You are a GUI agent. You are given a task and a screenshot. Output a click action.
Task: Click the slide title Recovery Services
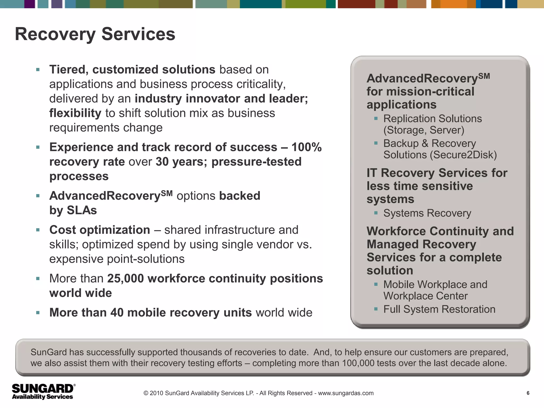coord(95,34)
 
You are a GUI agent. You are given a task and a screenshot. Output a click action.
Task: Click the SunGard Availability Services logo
coord(43,391)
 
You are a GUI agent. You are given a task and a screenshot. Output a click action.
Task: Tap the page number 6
coord(528,393)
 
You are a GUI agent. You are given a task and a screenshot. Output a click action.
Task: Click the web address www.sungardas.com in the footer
coord(346,393)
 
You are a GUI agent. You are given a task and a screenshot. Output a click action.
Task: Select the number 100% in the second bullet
coord(306,147)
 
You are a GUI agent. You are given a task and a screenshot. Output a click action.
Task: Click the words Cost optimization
coord(100,230)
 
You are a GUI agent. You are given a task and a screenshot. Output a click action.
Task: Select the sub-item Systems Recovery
coord(427,213)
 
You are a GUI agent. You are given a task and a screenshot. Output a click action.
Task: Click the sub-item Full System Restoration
coord(439,309)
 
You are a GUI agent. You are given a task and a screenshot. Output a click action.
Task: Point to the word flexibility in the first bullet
coord(75,113)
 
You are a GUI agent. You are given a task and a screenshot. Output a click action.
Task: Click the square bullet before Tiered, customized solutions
coord(38,70)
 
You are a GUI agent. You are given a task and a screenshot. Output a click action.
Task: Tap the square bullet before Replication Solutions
coord(376,118)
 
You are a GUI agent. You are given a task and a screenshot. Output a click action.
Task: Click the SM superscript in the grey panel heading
coord(484,76)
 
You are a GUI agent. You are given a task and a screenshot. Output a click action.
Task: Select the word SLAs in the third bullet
coord(82,210)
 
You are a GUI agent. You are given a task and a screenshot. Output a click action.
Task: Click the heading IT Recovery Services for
coord(437,173)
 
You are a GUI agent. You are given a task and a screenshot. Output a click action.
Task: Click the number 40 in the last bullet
coord(117,313)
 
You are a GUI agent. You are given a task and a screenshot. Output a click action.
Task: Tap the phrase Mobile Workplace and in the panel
coord(435,284)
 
